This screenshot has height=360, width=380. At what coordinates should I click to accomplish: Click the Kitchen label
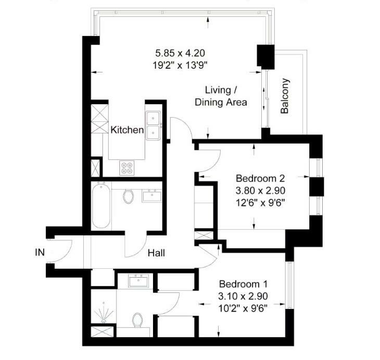(127, 130)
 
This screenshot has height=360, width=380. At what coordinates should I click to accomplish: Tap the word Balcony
(285, 96)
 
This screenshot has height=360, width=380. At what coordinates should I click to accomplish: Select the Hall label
(156, 253)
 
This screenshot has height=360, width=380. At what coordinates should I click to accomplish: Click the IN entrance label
(40, 253)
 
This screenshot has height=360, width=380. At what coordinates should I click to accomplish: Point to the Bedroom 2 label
(260, 179)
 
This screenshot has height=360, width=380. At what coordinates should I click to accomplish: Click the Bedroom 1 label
(243, 284)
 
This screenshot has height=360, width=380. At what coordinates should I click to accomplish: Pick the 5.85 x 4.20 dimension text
(180, 53)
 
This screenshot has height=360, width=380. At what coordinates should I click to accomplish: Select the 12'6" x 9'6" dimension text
(260, 203)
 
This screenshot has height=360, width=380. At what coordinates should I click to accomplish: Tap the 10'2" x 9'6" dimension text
(243, 308)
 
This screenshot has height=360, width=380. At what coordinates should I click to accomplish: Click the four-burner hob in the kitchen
(127, 168)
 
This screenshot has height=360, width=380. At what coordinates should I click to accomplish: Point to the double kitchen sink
(153, 126)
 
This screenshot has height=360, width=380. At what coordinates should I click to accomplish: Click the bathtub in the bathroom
(102, 206)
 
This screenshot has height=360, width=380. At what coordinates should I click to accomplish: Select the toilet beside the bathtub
(128, 196)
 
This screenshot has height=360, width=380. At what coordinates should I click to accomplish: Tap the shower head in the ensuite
(104, 313)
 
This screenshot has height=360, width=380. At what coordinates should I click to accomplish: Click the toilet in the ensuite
(137, 320)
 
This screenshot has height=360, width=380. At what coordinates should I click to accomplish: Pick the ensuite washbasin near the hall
(138, 281)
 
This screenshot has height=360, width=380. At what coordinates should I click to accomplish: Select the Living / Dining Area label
(221, 96)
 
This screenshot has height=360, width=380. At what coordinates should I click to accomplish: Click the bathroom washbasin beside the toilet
(152, 196)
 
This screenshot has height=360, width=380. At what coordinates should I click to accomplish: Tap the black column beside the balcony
(265, 57)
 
